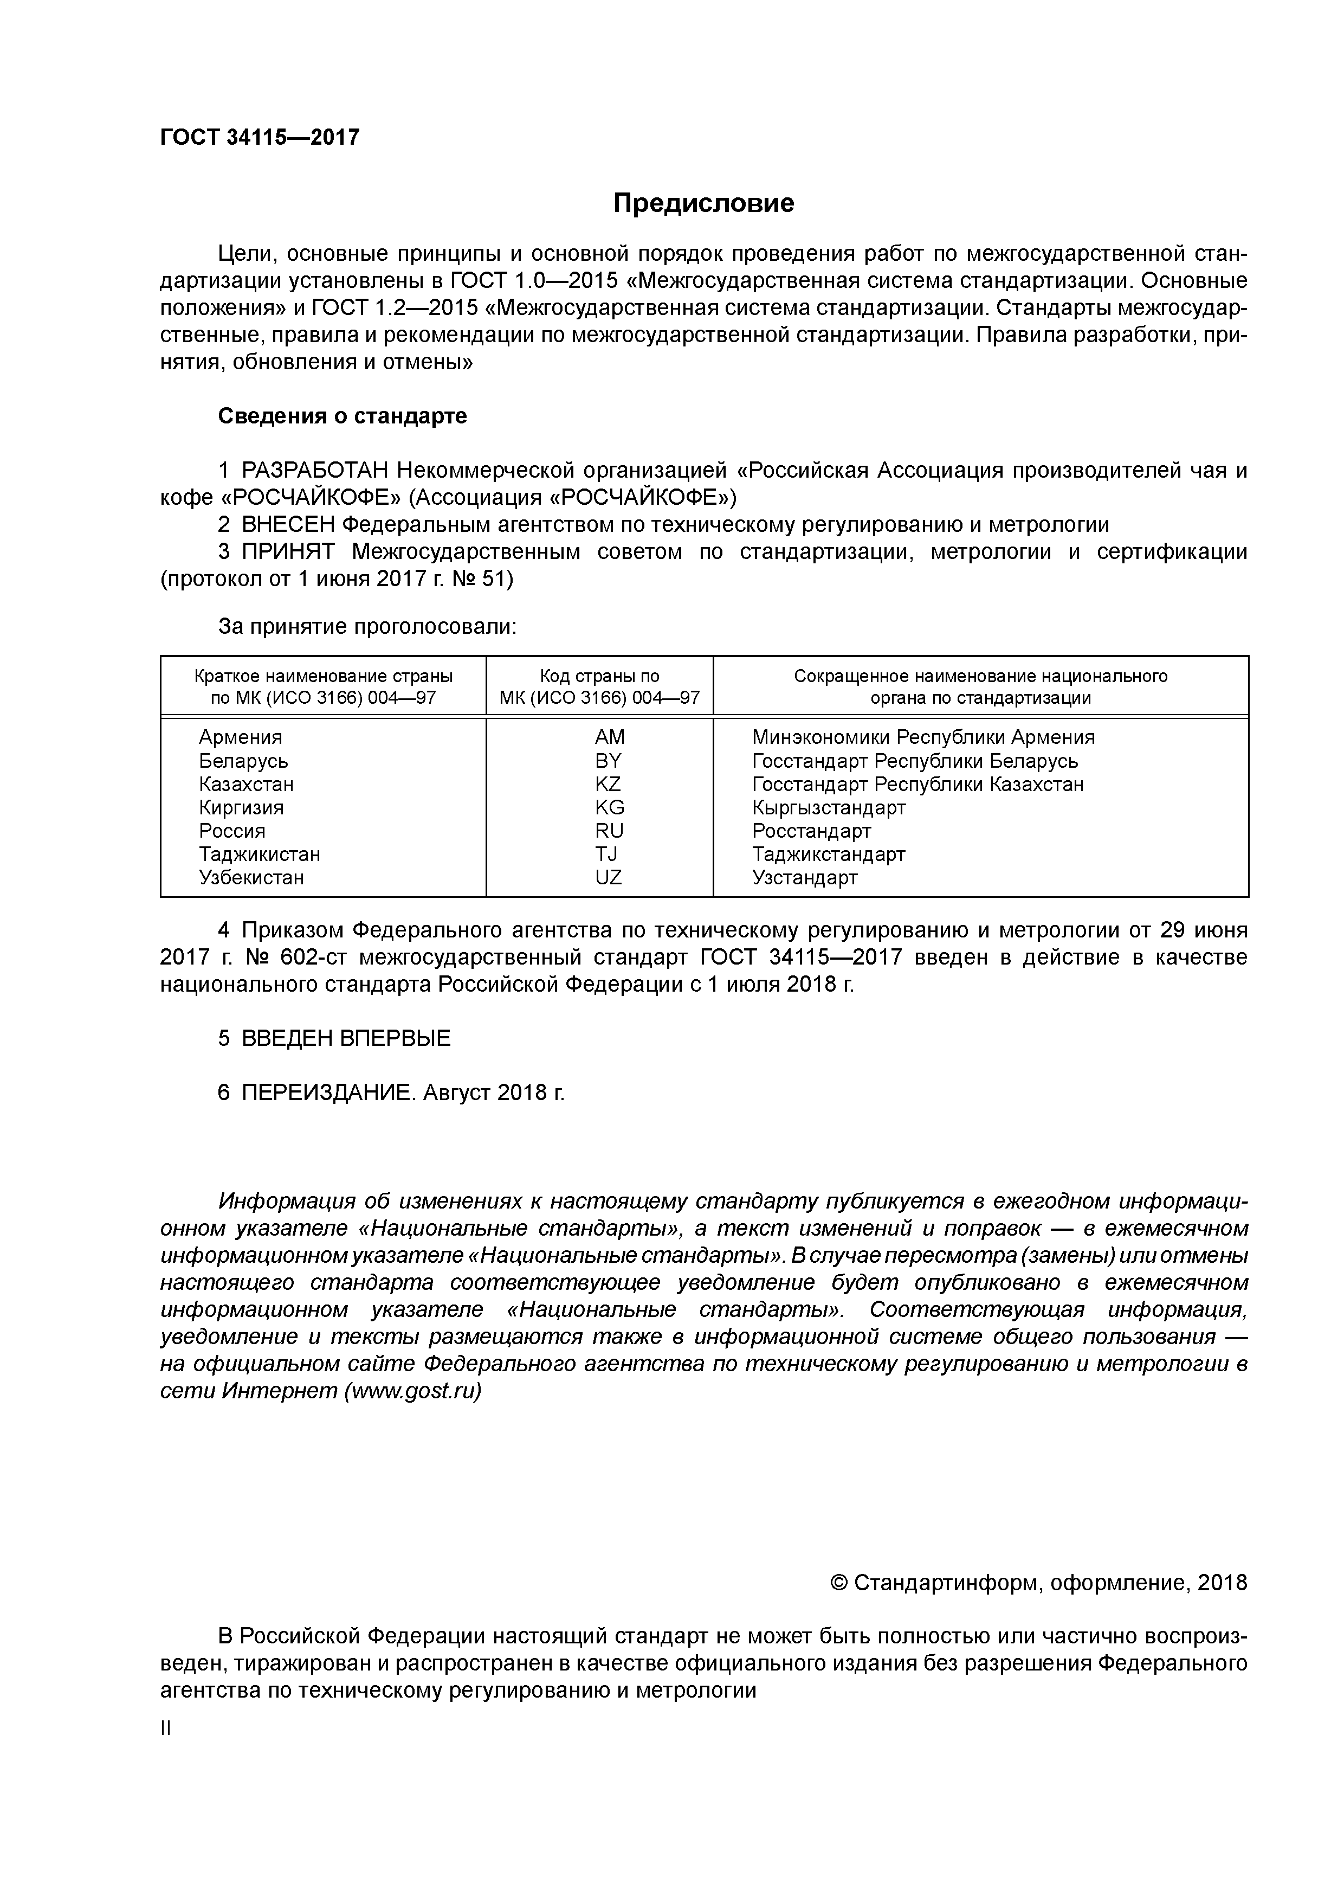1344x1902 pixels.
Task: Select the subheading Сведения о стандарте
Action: click(342, 416)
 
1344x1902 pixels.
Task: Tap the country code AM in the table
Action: click(610, 737)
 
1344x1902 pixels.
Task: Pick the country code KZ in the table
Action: click(608, 783)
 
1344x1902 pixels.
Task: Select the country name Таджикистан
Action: click(259, 854)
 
